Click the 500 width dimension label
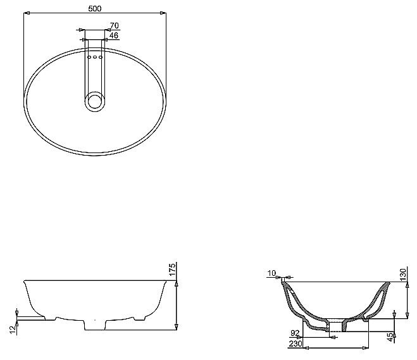pyautogui.click(x=95, y=9)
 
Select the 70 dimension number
pyautogui.click(x=115, y=26)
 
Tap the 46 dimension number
pyautogui.click(x=114, y=35)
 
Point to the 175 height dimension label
pyautogui.click(x=172, y=270)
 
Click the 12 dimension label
pyautogui.click(x=13, y=330)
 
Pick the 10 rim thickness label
pyautogui.click(x=272, y=273)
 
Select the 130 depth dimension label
pyautogui.click(x=403, y=275)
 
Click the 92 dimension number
pyautogui.click(x=296, y=333)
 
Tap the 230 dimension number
pyautogui.click(x=296, y=344)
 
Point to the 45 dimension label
pyautogui.click(x=390, y=337)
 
